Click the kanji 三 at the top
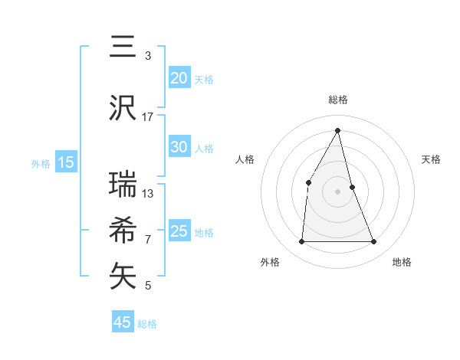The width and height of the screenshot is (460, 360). pyautogui.click(x=122, y=47)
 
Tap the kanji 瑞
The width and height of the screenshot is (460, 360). pyautogui.click(x=122, y=184)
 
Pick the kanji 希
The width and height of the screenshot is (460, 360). pyautogui.click(x=122, y=230)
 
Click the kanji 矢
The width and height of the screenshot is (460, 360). pyautogui.click(x=122, y=277)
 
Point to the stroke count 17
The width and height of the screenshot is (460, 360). pyautogui.click(x=148, y=116)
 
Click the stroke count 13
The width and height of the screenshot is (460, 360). pyautogui.click(x=148, y=193)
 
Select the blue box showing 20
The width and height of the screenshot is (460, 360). pyautogui.click(x=179, y=78)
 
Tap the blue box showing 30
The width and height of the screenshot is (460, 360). pyautogui.click(x=179, y=147)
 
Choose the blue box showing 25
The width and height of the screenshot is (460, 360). pyautogui.click(x=179, y=231)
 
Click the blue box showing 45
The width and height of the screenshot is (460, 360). pyautogui.click(x=123, y=322)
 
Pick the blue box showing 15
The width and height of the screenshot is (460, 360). pyautogui.click(x=66, y=162)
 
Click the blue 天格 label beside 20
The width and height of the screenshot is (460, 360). pyautogui.click(x=204, y=80)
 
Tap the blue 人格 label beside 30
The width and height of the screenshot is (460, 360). pyautogui.click(x=204, y=149)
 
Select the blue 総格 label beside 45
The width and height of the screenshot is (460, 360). pyautogui.click(x=147, y=324)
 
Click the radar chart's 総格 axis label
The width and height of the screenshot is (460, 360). pyautogui.click(x=337, y=100)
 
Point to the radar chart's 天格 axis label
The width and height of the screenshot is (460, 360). pyautogui.click(x=431, y=159)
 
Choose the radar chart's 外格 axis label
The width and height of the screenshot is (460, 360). pyautogui.click(x=270, y=262)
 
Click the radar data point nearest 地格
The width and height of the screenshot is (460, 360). pyautogui.click(x=374, y=242)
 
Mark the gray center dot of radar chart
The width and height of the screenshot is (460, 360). pyautogui.click(x=337, y=191)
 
